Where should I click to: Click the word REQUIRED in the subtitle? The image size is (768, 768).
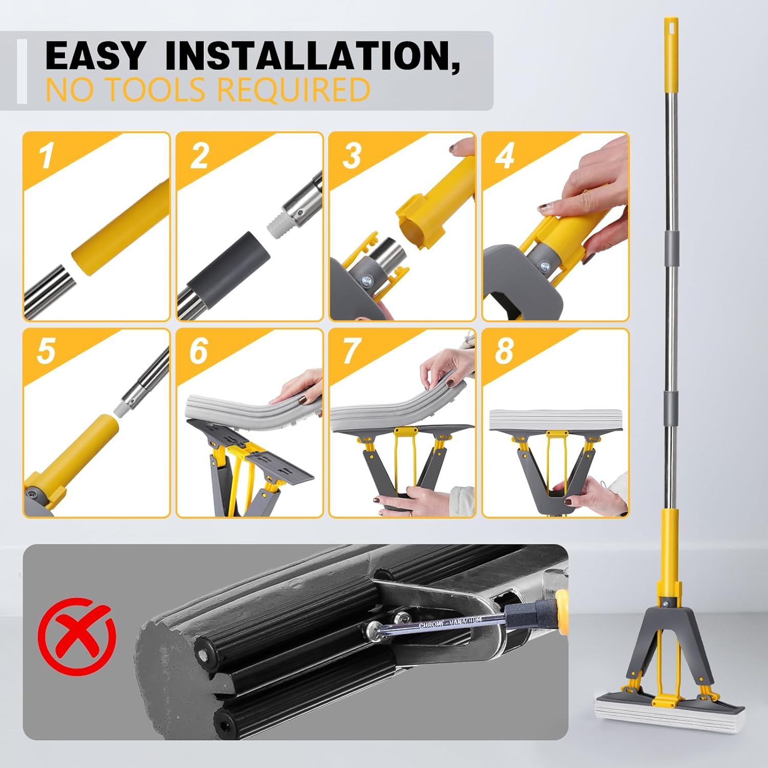pos(294,90)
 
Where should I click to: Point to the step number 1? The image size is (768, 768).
pos(47,156)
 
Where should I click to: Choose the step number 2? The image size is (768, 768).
pos(200,156)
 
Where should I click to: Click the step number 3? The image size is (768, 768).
pos(352,156)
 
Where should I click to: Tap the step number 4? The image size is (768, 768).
pos(505,156)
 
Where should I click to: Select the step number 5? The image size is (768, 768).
pos(46,351)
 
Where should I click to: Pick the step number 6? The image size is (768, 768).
pos(199,351)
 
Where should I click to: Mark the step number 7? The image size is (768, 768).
pos(352,351)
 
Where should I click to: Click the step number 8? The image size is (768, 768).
pos(504,351)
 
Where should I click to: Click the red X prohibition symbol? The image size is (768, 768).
pos(78,636)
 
